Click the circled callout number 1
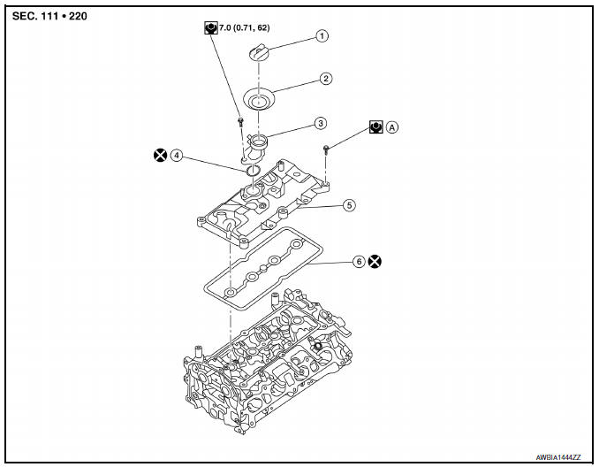click(322, 36)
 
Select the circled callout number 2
click(326, 79)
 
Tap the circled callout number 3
click(322, 124)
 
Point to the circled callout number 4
click(177, 156)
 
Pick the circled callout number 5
click(349, 204)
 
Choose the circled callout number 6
click(357, 262)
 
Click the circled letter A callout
click(392, 127)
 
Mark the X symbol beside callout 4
click(160, 156)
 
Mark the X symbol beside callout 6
click(375, 262)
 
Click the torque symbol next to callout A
click(376, 127)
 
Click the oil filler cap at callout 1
click(261, 53)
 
